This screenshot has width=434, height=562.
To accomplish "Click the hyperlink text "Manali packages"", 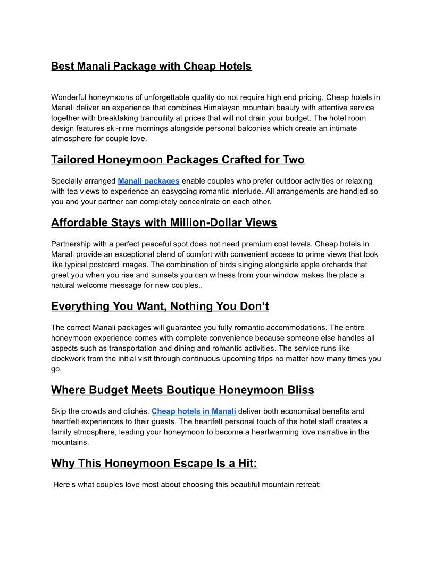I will (148, 181).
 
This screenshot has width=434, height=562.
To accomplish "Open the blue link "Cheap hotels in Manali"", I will (194, 411).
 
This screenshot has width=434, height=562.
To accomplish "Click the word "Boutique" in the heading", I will (190, 390).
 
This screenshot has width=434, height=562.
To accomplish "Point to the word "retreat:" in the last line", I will (306, 485).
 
